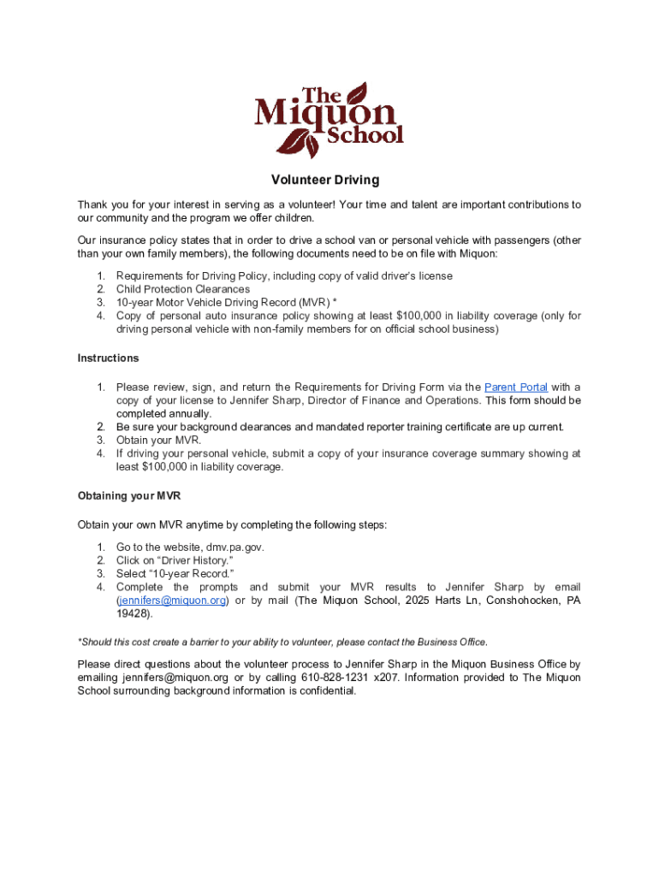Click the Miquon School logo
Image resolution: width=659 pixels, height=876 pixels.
[x=329, y=120]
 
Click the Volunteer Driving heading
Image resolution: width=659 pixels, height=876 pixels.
[x=325, y=181]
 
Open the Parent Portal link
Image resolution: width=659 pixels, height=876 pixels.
[x=516, y=387]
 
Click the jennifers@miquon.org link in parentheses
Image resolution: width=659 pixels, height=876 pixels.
[x=172, y=601]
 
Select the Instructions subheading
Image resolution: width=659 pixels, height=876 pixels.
[x=108, y=358]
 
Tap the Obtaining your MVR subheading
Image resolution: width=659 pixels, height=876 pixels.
[x=129, y=495]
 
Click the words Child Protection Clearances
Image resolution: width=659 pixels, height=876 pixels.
[x=183, y=289]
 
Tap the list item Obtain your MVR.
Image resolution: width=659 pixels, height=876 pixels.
[x=159, y=441]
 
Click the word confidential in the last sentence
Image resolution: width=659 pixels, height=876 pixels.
[x=324, y=691]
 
